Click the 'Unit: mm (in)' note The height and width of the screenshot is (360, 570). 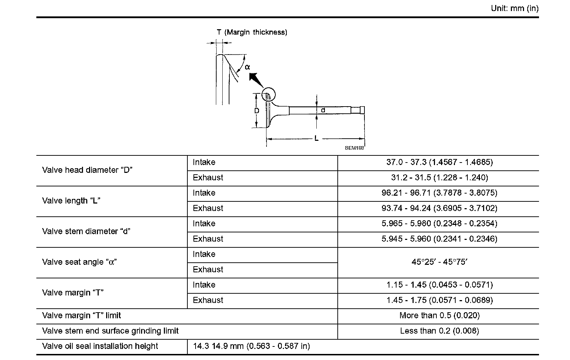[x=514, y=9]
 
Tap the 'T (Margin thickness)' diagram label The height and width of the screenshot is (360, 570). [x=252, y=32]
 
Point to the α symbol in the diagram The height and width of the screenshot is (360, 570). [x=247, y=67]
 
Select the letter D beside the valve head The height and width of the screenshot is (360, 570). [x=256, y=111]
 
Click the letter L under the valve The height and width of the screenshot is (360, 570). [x=316, y=139]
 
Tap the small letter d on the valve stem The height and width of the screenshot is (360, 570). [x=323, y=110]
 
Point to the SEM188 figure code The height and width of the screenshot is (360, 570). [x=354, y=148]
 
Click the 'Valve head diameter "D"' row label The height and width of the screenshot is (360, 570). [x=87, y=170]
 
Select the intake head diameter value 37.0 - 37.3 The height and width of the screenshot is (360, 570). [x=439, y=163]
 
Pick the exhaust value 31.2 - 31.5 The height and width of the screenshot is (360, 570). [x=439, y=178]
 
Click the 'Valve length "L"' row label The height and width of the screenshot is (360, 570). [x=71, y=201]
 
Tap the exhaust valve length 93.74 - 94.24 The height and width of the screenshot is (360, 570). [x=439, y=209]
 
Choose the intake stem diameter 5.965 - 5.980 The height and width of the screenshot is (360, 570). [x=439, y=224]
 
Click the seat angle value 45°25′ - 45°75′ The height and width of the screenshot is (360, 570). [x=439, y=262]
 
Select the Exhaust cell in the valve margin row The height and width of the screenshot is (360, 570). [x=208, y=300]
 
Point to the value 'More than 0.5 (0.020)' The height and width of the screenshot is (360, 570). [x=439, y=316]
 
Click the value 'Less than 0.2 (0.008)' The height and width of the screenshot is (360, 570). [x=439, y=331]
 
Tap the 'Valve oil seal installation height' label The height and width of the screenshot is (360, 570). [x=100, y=346]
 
